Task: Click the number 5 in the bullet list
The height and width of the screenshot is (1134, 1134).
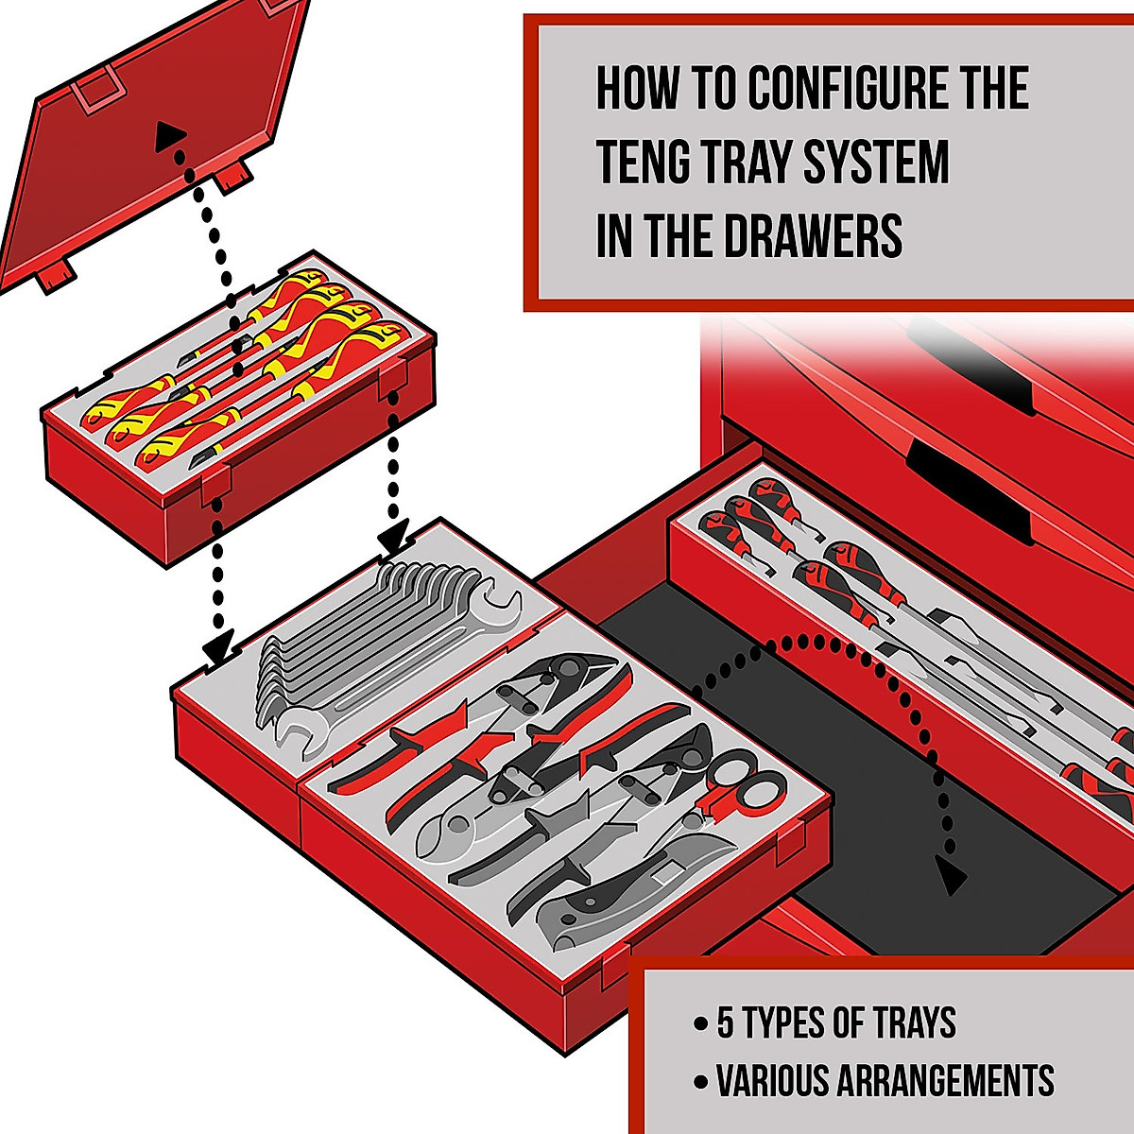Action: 726,1023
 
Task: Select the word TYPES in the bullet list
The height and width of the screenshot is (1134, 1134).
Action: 784,1023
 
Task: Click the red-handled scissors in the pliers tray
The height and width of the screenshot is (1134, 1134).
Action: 747,784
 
